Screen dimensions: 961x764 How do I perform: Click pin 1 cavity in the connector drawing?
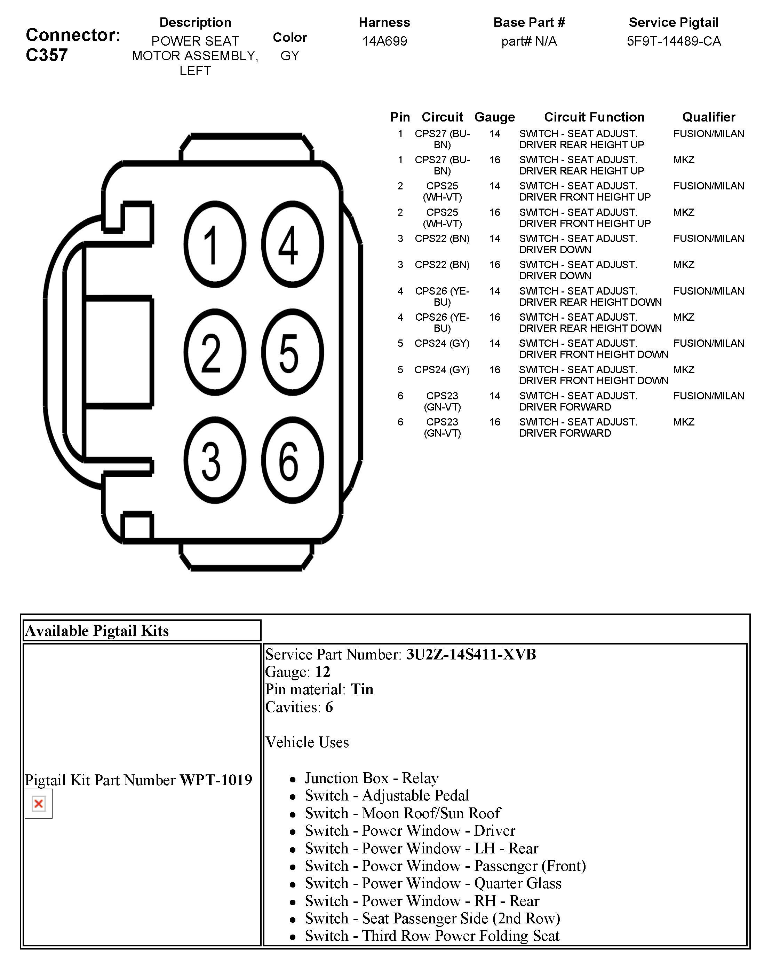[215, 244]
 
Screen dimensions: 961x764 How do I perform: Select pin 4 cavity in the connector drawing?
[292, 244]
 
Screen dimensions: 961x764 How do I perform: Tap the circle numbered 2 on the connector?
[215, 352]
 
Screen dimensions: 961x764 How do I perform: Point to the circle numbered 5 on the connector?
[292, 352]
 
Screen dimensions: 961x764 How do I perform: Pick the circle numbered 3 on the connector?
[215, 460]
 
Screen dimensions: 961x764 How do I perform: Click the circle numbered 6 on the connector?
[292, 460]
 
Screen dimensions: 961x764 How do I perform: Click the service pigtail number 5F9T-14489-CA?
[673, 41]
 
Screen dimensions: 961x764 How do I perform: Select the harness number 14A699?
[384, 41]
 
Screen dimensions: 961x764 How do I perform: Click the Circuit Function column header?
[594, 117]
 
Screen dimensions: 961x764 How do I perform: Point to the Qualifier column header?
[708, 117]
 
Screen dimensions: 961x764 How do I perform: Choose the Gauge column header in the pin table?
[494, 117]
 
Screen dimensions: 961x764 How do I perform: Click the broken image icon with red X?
[39, 804]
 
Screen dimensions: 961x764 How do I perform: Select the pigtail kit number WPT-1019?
[216, 780]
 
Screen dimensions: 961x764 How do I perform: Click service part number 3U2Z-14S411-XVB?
[471, 654]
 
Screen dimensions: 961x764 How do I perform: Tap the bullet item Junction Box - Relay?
[372, 778]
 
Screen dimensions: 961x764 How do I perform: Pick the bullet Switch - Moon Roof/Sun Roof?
[402, 813]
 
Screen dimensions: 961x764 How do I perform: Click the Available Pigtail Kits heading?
[97, 631]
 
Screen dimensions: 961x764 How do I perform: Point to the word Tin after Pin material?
[362, 689]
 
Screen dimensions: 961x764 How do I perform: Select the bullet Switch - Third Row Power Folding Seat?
[432, 936]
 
